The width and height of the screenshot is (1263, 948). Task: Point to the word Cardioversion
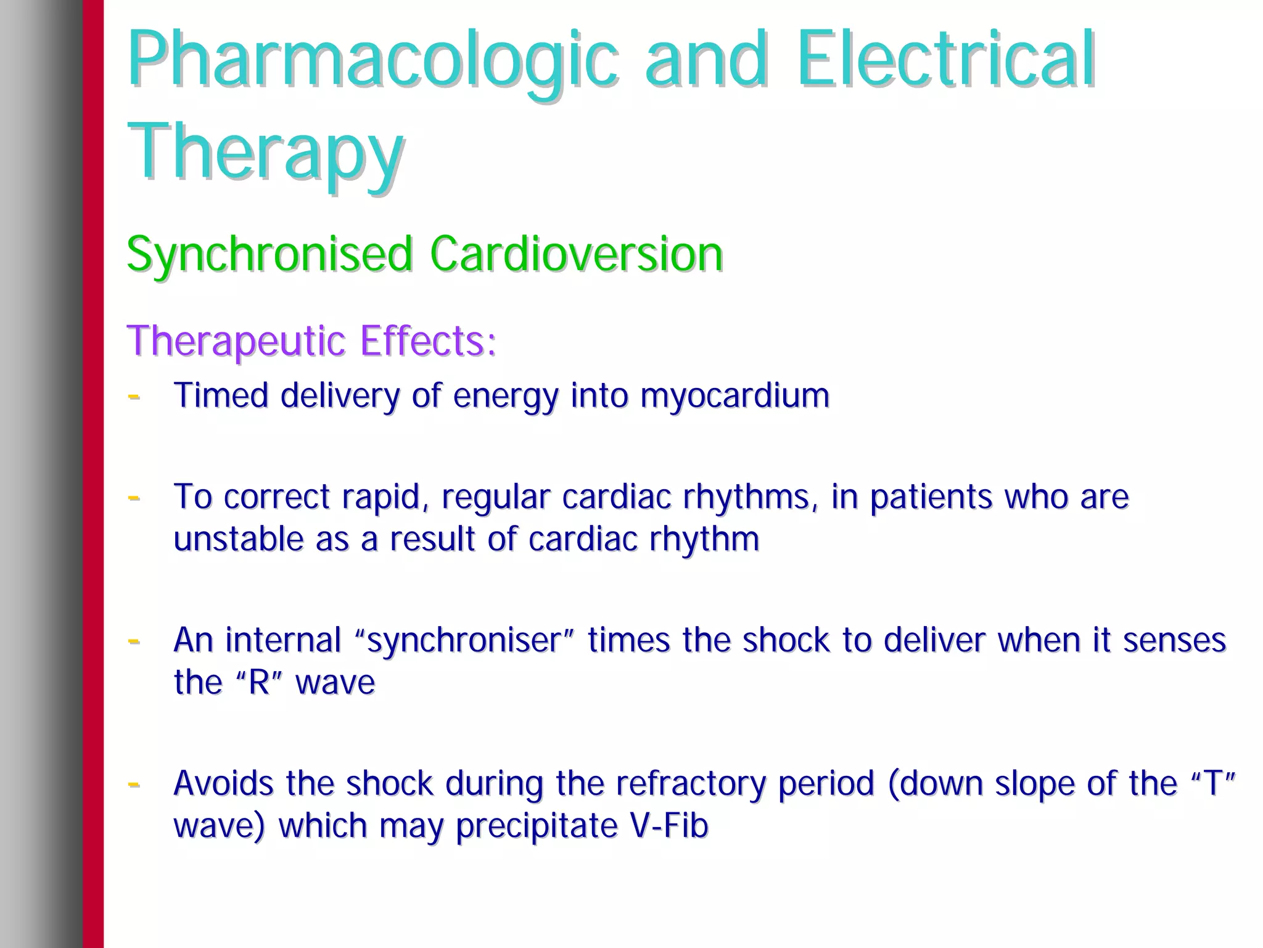click(x=576, y=253)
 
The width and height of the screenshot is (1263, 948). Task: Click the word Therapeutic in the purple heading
click(x=236, y=340)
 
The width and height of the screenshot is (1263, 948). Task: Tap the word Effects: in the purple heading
click(x=429, y=340)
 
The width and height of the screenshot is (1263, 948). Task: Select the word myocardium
click(x=734, y=395)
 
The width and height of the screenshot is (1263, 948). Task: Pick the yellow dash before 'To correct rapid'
click(x=133, y=496)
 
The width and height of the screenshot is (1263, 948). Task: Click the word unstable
click(x=238, y=538)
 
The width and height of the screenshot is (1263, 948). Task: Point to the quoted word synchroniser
click(x=466, y=640)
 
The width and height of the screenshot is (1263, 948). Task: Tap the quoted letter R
click(x=259, y=682)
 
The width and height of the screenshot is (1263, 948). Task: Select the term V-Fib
click(x=669, y=825)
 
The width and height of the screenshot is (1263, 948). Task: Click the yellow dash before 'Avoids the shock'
click(x=133, y=783)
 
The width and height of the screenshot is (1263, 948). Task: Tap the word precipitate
click(x=537, y=826)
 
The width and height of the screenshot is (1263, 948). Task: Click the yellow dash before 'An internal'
click(x=133, y=640)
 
